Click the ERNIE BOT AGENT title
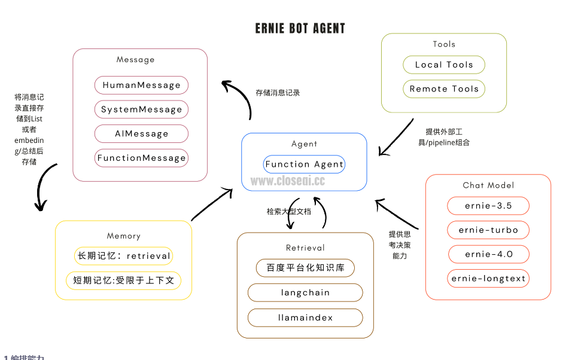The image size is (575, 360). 300,29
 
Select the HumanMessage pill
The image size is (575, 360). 141,86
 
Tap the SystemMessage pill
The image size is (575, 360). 141,109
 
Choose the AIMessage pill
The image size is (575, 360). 141,134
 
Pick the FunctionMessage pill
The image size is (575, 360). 141,158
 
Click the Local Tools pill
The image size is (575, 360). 444,65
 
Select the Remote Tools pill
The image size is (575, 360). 444,89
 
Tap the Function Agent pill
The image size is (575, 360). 304,164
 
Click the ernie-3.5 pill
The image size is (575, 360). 488,206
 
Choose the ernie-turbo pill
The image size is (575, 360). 488,230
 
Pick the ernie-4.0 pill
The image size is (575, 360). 488,254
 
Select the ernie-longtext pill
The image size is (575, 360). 488,278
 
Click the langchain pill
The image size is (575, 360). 305,292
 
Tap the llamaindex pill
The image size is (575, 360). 305,318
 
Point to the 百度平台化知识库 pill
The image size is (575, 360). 305,268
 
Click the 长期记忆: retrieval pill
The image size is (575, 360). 124,256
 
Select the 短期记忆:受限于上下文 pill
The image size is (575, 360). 124,280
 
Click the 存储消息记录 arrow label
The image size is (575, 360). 278,93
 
